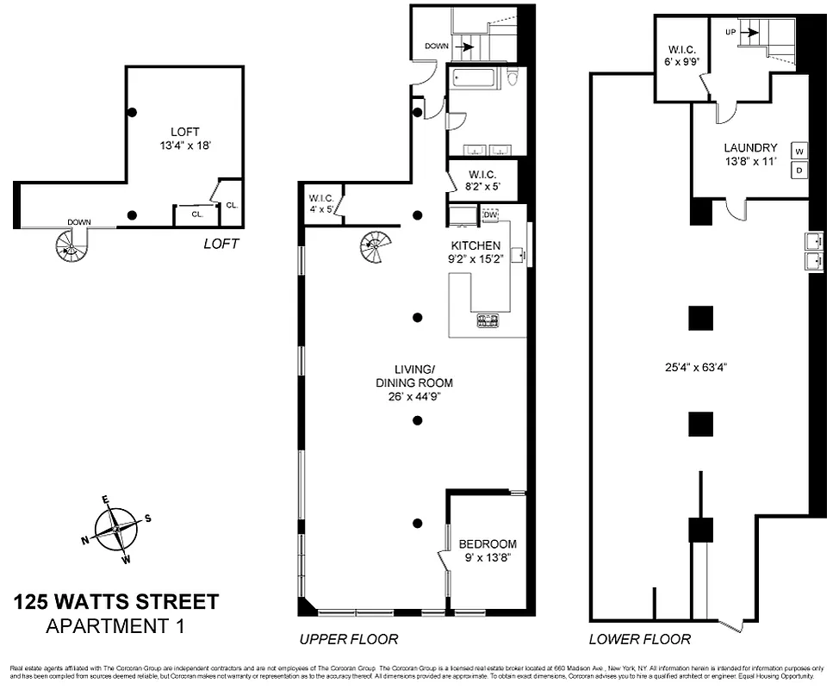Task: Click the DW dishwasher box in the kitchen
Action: [491, 214]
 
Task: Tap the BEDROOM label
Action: [488, 544]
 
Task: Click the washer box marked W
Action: [799, 152]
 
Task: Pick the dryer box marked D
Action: [799, 171]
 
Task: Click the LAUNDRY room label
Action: [750, 148]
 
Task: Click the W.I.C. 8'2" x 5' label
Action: [482, 178]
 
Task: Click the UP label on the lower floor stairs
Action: [731, 32]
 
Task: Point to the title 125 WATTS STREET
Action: [116, 602]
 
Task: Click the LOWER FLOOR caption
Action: [639, 639]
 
